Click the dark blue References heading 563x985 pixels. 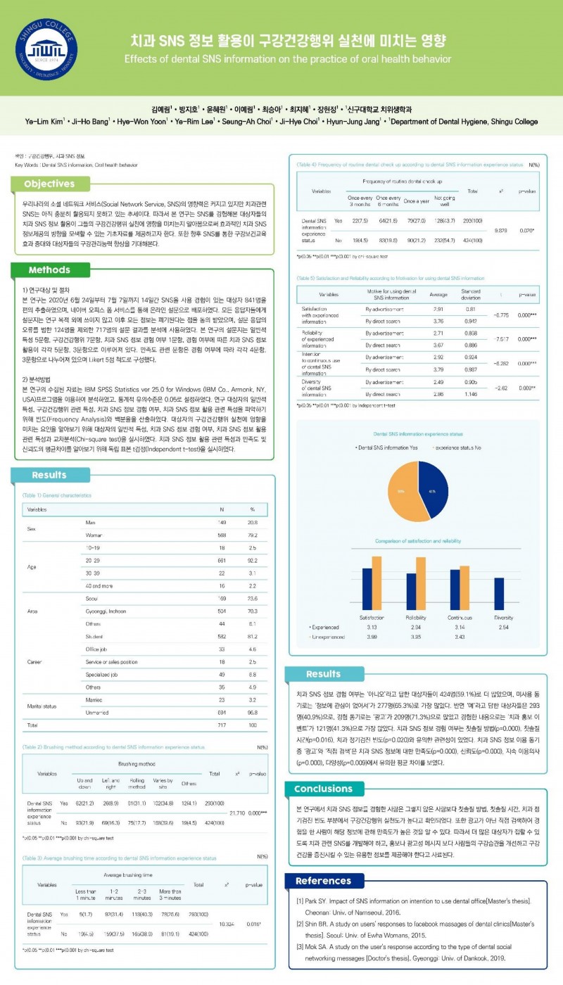323,881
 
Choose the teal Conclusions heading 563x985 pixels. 324,789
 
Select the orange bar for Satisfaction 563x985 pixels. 377,583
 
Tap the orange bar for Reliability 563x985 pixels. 421,583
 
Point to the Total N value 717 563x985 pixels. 222,724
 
